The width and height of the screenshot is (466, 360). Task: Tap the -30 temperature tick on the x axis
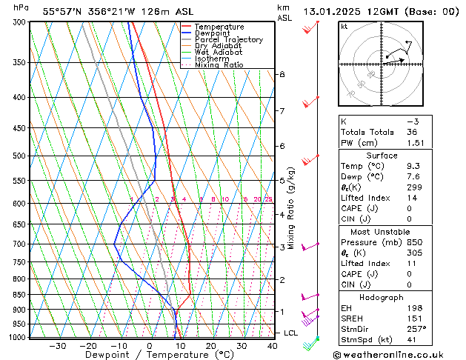coord(57,346)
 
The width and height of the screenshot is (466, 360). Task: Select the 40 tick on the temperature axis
coord(273,346)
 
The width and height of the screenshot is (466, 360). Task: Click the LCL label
coord(291,333)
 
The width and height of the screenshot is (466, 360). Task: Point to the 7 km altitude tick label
coord(282,111)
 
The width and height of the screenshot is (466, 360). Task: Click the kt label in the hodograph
coord(344,26)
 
